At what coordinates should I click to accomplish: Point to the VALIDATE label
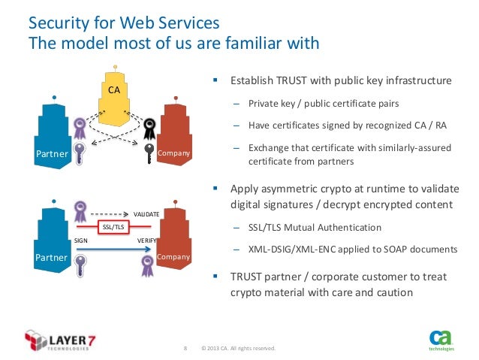click(x=146, y=214)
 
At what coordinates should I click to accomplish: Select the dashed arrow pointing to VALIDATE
click(x=113, y=213)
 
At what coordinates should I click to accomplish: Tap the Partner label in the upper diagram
click(x=53, y=154)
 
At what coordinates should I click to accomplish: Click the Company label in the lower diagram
click(x=174, y=257)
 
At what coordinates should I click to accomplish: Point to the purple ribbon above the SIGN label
click(x=81, y=212)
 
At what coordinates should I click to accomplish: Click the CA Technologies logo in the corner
click(x=440, y=340)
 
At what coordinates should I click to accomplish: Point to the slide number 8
click(x=185, y=349)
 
